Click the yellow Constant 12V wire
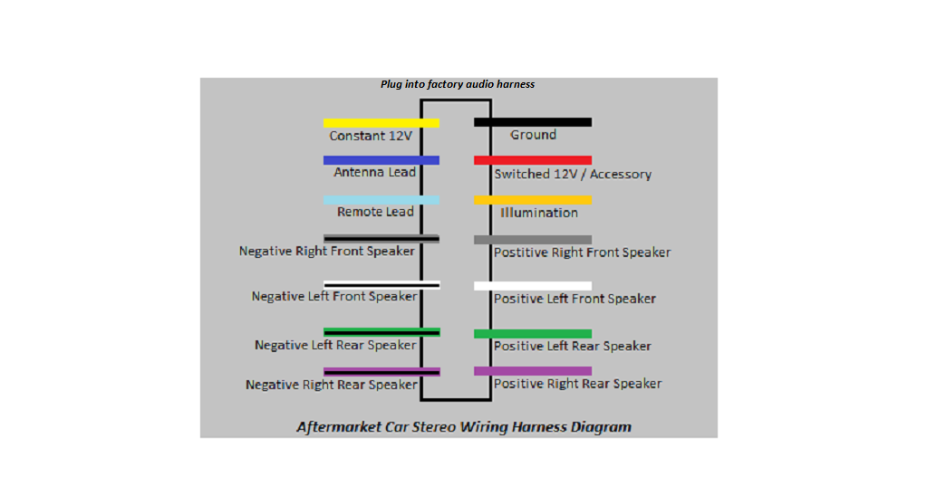(381, 123)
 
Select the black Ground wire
(532, 122)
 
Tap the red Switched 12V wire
(532, 160)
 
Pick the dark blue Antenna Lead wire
(381, 160)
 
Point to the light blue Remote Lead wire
(381, 200)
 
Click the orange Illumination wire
(532, 200)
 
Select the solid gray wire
(532, 240)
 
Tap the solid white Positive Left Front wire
(532, 286)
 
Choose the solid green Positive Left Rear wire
(532, 334)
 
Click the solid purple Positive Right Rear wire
(532, 371)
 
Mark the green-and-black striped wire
(381, 332)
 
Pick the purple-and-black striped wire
(381, 371)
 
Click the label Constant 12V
(370, 137)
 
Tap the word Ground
(533, 135)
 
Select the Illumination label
(539, 214)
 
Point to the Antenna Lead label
(374, 173)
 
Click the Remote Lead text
(375, 213)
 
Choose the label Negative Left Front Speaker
(334, 297)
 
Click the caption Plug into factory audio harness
(458, 84)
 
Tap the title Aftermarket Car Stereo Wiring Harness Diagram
(464, 426)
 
